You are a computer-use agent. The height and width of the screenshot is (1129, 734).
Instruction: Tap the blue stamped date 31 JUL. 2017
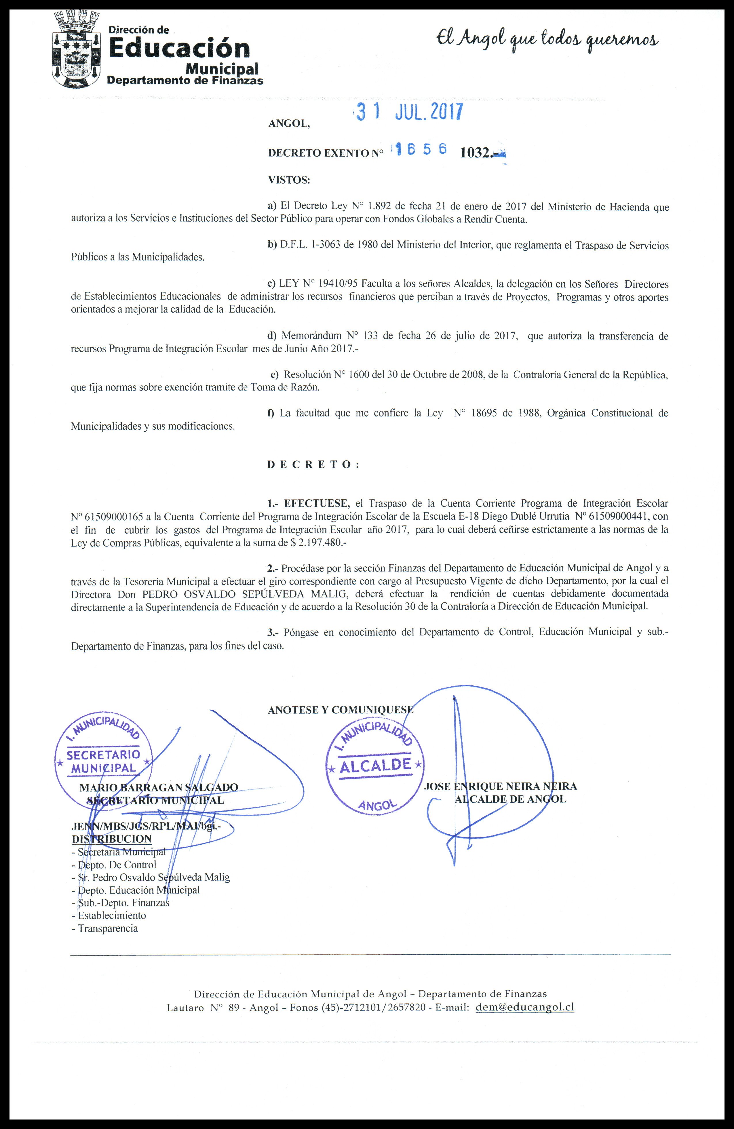click(x=409, y=113)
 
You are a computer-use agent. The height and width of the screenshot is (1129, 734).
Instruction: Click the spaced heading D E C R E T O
click(x=313, y=464)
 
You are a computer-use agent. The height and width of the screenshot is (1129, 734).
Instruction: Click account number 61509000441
click(x=616, y=516)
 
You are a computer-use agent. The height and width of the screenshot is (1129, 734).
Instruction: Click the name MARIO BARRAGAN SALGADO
click(x=159, y=787)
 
